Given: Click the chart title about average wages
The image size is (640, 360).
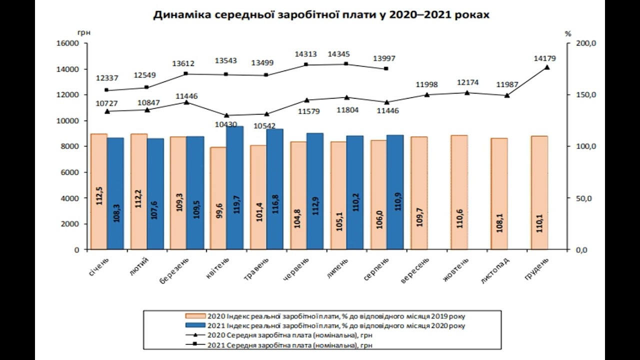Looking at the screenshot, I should coord(321,15).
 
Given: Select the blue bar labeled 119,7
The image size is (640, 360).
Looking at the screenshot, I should coord(234,187).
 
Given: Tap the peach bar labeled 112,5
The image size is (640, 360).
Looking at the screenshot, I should coord(99,191).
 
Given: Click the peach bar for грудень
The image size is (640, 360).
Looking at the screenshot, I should coord(539,192).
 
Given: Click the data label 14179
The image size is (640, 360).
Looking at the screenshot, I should coord(545,58).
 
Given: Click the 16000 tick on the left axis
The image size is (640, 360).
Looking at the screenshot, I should coord(69,43).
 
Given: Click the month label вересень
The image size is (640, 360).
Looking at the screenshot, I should coord(415,271).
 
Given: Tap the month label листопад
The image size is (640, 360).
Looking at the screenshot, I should coord(494,271).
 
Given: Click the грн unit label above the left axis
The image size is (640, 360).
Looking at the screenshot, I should coord(83,32).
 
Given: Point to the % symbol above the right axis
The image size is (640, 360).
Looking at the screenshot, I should coord(567,33).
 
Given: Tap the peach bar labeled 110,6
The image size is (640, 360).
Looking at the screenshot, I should coord(459,192).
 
